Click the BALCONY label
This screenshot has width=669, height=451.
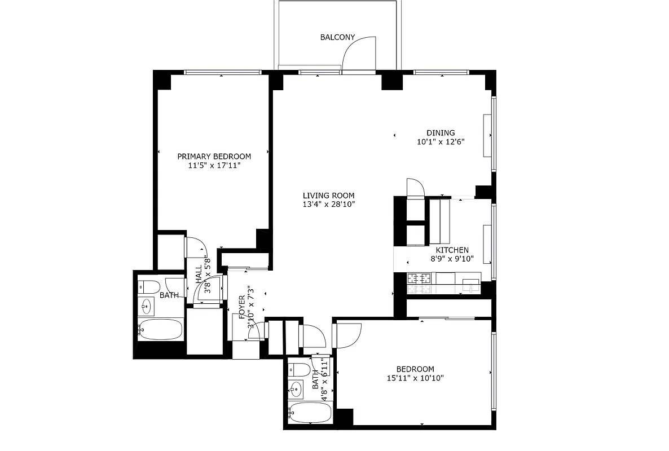[x=337, y=38]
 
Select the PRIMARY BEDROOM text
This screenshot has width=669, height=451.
[x=214, y=156]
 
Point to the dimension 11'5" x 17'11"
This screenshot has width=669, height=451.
[x=214, y=166]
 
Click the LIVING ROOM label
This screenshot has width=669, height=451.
[x=328, y=196]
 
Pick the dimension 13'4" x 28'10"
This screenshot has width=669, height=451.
[x=328, y=205]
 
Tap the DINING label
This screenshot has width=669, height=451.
[x=441, y=133]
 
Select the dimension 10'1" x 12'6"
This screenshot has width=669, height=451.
[x=441, y=143]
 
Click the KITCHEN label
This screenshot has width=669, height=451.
[x=452, y=250]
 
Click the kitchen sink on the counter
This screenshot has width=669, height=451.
[x=469, y=284]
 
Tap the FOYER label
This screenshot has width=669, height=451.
[x=242, y=307]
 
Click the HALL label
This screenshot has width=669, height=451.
[x=199, y=275]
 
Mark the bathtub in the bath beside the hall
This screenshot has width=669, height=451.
[x=161, y=329]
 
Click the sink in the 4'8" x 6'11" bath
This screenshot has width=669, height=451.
[x=297, y=388]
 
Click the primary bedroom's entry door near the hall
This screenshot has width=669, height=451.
[x=196, y=246]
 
